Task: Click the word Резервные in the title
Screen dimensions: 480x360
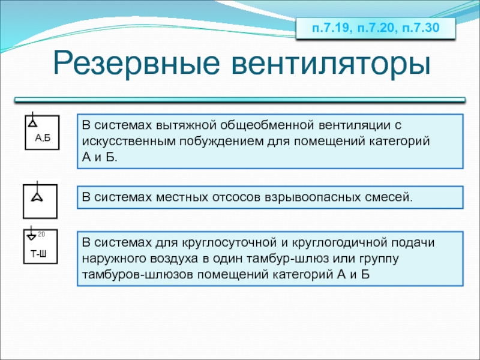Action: tap(136, 64)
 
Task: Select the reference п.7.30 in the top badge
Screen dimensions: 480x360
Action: tap(421, 28)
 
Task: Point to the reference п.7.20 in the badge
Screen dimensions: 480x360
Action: tap(376, 28)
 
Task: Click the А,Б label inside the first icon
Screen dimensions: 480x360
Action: tap(43, 138)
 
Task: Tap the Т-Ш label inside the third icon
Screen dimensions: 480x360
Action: tap(38, 254)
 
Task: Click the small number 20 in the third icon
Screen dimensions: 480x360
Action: tap(41, 234)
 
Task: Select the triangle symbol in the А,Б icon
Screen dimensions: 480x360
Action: tap(33, 123)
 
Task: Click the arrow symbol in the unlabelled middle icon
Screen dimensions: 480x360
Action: tap(37, 197)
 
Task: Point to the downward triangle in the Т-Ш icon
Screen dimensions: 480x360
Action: tap(32, 236)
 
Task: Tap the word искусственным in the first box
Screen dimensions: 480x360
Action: tap(129, 142)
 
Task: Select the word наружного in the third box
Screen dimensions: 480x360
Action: tap(115, 259)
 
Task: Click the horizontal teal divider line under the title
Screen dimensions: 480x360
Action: tap(240, 100)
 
